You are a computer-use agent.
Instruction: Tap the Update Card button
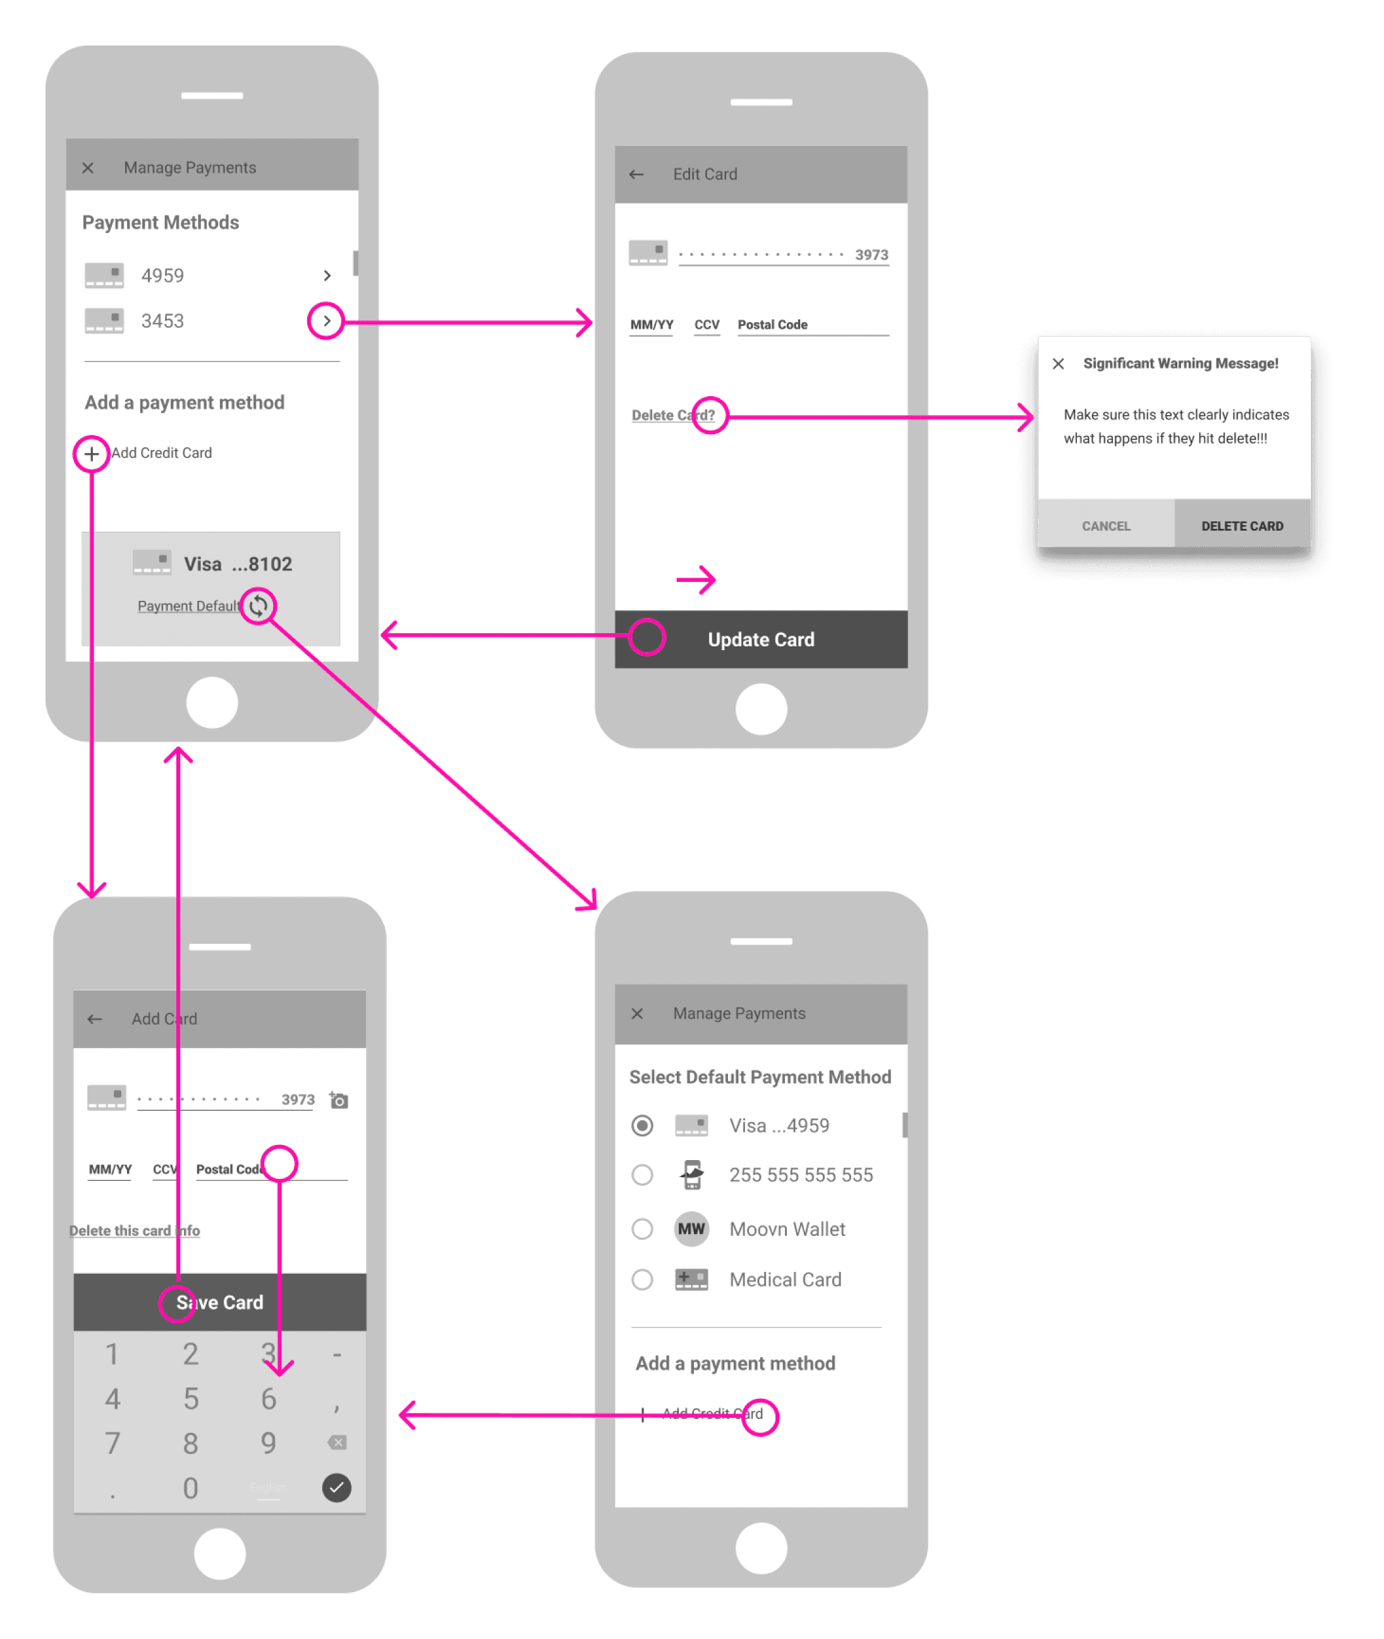pyautogui.click(x=760, y=639)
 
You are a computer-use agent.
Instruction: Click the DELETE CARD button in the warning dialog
pyautogui.click(x=1241, y=526)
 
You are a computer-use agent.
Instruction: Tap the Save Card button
pyautogui.click(x=220, y=1302)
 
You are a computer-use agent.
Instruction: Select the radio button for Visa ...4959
pyautogui.click(x=642, y=1125)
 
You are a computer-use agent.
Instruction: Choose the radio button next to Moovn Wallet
pyautogui.click(x=642, y=1229)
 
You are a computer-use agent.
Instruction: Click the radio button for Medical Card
pyautogui.click(x=642, y=1279)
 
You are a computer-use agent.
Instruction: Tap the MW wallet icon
pyautogui.click(x=691, y=1229)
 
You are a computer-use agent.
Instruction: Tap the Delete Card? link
pyautogui.click(x=672, y=415)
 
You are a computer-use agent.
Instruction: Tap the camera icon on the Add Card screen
pyautogui.click(x=339, y=1100)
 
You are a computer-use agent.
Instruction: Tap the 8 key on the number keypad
pyautogui.click(x=191, y=1443)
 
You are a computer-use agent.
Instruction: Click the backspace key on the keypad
pyautogui.click(x=337, y=1442)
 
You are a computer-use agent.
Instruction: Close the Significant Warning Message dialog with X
pyautogui.click(x=1058, y=363)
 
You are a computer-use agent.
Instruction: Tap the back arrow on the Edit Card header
pyautogui.click(x=636, y=174)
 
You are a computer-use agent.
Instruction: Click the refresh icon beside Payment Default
pyautogui.click(x=258, y=605)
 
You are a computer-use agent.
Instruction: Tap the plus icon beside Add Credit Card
pyautogui.click(x=91, y=453)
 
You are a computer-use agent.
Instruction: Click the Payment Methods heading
pyautogui.click(x=161, y=222)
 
